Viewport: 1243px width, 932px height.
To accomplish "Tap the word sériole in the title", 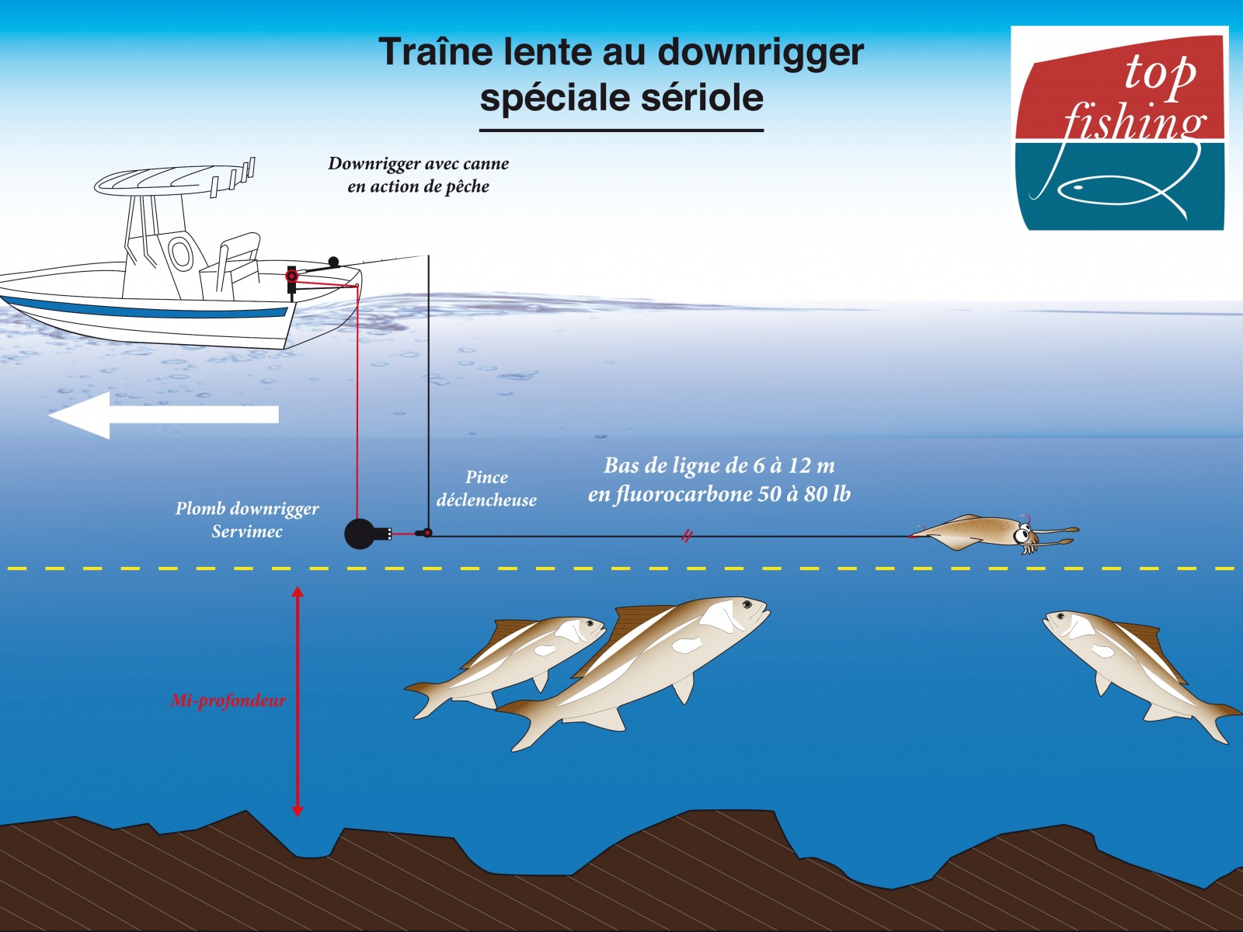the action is pyautogui.click(x=702, y=97).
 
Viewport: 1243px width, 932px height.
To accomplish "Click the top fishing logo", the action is pyautogui.click(x=1119, y=128).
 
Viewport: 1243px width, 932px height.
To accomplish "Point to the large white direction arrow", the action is pyautogui.click(x=164, y=416).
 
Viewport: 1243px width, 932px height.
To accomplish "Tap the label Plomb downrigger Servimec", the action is pyautogui.click(x=247, y=520).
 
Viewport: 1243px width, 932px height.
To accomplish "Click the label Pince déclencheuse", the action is pyautogui.click(x=486, y=489).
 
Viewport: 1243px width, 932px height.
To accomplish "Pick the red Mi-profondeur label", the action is pyautogui.click(x=228, y=701).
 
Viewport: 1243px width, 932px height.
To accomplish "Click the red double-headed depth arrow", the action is pyautogui.click(x=298, y=701).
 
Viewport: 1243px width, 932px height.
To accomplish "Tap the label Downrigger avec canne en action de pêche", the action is pyautogui.click(x=419, y=175).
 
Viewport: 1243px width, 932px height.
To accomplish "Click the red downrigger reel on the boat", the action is pyautogui.click(x=291, y=276).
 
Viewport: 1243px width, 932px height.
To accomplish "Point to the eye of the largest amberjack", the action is pyautogui.click(x=747, y=605).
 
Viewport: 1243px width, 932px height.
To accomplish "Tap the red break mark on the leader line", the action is pyautogui.click(x=686, y=535).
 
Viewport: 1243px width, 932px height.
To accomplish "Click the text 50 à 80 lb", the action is pyautogui.click(x=804, y=495).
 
